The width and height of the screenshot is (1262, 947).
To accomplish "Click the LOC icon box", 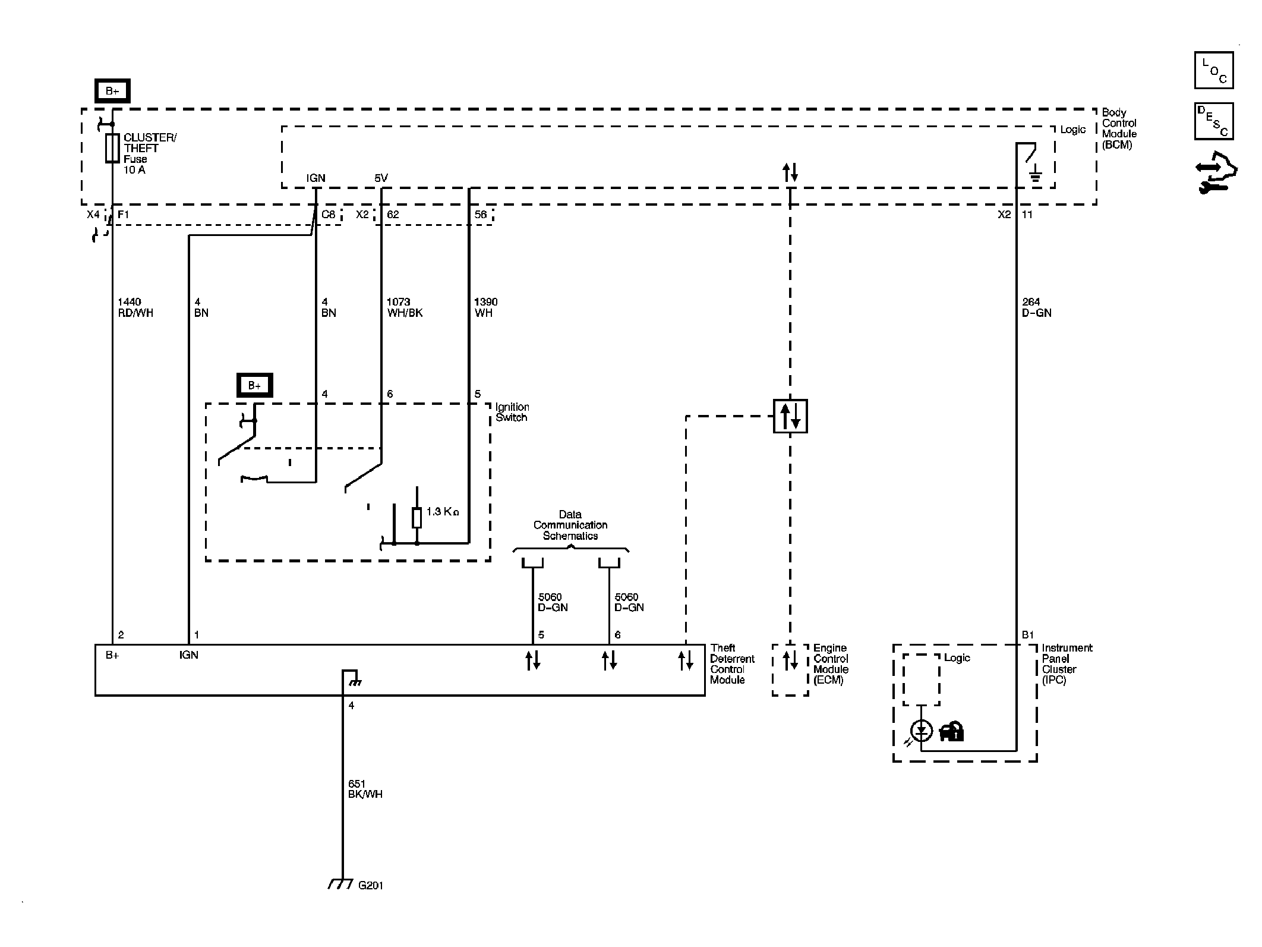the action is coord(1214,70).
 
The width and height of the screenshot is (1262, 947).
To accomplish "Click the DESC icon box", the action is coord(1214,121).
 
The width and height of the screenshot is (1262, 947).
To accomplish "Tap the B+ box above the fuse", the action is coord(112,91).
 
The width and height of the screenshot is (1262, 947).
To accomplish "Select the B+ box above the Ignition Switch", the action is coord(254,385).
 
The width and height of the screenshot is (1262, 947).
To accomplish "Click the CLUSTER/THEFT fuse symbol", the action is coord(112,147).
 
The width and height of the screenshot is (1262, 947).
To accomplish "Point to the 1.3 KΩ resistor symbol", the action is coord(417,518).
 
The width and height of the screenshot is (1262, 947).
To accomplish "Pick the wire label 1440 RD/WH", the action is coord(135,307).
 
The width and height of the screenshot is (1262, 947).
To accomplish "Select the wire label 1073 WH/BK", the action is coord(405,307).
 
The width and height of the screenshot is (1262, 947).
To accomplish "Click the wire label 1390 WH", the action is coord(485,307).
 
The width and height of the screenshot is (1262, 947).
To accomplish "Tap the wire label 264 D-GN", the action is coord(1037,307).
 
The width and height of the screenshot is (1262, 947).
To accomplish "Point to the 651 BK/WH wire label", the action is coord(365,789).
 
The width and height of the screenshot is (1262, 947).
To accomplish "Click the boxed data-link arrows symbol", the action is coord(790,416).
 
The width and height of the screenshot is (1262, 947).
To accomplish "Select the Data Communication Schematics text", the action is coord(570,525).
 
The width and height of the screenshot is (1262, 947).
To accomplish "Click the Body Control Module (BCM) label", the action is coord(1119,128).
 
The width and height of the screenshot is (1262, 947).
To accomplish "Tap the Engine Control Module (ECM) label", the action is coord(831,664).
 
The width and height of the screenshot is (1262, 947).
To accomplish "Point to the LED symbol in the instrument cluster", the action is coord(922,731).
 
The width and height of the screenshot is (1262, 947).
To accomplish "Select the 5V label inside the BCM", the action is coord(381,178).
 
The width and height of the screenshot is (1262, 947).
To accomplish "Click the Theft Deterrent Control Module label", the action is coord(732,664).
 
